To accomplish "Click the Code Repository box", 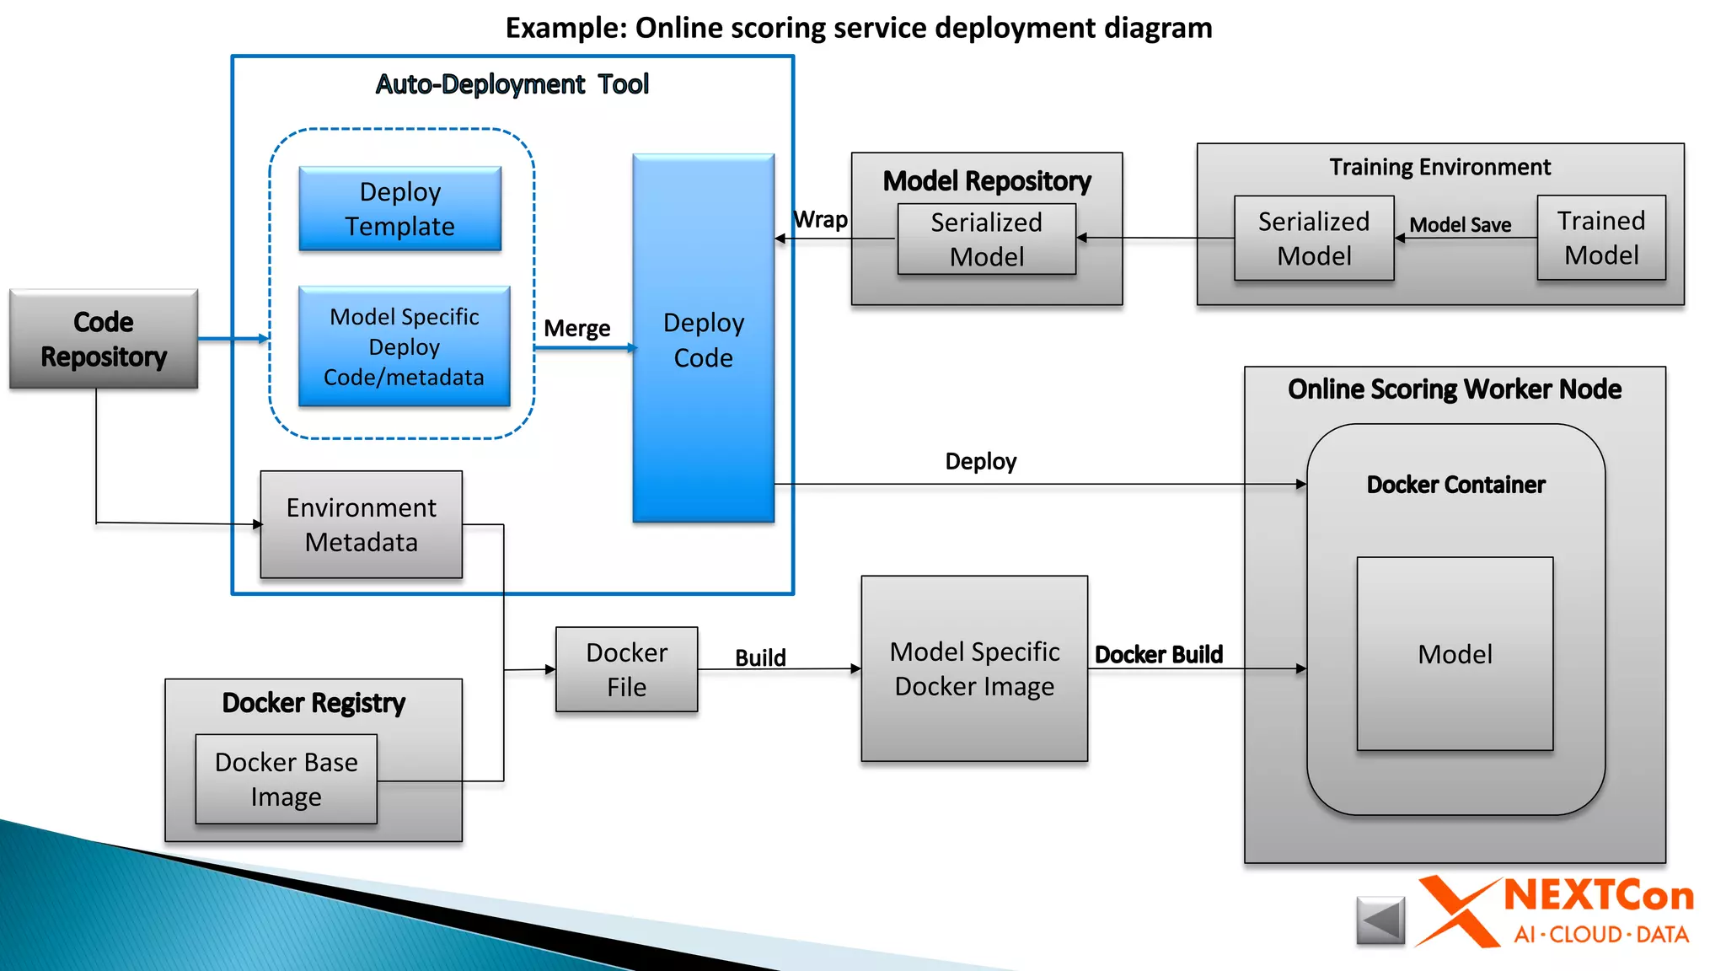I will (104, 339).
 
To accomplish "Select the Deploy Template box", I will (400, 209).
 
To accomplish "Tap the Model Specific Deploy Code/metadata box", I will (405, 346).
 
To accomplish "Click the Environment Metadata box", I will (361, 524).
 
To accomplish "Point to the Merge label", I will (576, 328).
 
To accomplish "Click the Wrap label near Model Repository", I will (821, 220).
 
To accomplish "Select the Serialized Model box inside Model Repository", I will (986, 239).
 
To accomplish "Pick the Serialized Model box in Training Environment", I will (1313, 239).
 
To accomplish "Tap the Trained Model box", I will (1600, 238).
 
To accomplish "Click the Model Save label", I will (1460, 225).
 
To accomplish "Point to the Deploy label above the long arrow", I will (980, 461).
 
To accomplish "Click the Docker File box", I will (626, 669).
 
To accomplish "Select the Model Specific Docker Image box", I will (974, 668).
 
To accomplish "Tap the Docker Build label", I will (1158, 655).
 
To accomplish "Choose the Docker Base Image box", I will (286, 779).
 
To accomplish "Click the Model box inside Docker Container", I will (1455, 654).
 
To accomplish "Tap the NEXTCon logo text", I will (1598, 896).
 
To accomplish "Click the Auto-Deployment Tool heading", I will (512, 84).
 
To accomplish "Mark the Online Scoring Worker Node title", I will (1454, 389).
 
